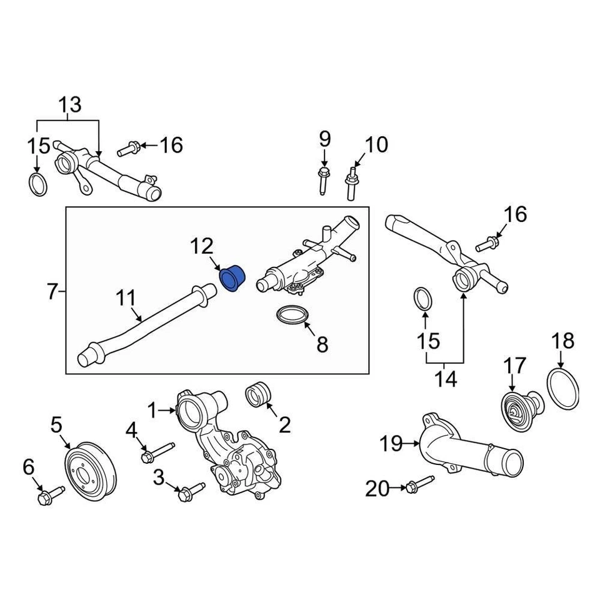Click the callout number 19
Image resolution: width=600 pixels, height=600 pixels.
click(392, 444)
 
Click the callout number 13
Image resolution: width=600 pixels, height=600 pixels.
click(70, 104)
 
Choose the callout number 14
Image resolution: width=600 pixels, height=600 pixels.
click(446, 378)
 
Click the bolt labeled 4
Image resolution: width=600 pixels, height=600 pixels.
click(156, 452)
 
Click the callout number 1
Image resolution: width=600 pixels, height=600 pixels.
click(151, 410)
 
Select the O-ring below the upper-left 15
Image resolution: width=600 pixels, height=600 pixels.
click(38, 186)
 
